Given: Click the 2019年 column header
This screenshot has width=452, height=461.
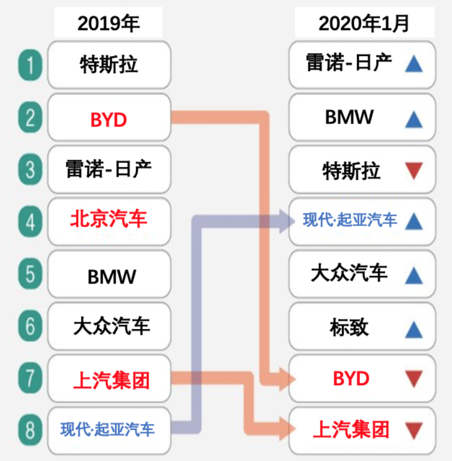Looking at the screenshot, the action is tap(108, 23).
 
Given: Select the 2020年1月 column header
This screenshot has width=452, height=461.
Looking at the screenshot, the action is tap(364, 23).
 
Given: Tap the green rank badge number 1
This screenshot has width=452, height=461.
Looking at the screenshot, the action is tap(31, 65).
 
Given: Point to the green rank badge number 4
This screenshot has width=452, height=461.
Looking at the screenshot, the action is tap(31, 221).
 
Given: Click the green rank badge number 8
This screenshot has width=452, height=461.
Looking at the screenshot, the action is tap(31, 430).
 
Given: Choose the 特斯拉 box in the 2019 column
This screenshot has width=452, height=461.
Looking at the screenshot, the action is tap(109, 64).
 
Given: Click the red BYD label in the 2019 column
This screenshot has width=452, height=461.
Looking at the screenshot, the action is tap(108, 120).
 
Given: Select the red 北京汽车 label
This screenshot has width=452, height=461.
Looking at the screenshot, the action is tap(108, 219).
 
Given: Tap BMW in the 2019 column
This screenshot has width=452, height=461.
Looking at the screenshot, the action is tap(112, 277).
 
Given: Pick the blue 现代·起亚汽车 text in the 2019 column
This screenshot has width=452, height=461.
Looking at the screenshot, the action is tap(107, 429).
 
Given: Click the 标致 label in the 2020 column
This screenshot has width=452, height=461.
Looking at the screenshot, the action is tap(349, 327).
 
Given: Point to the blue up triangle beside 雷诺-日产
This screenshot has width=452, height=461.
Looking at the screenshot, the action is tap(414, 64).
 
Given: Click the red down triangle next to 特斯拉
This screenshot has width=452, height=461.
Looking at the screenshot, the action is tap(414, 170).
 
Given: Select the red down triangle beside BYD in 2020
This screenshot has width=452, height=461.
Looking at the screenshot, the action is tap(414, 378).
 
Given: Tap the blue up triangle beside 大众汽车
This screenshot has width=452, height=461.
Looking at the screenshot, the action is tap(414, 275).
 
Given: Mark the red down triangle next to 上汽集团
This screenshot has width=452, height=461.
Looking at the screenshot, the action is tap(414, 430).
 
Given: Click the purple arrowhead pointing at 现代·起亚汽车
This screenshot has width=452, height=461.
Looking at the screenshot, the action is tap(286, 221).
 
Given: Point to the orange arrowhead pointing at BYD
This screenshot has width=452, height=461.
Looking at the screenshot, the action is tap(287, 380).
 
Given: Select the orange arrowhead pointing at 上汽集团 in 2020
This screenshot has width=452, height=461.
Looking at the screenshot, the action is tap(287, 428).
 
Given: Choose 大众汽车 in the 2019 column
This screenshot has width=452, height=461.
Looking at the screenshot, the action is tap(112, 326).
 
